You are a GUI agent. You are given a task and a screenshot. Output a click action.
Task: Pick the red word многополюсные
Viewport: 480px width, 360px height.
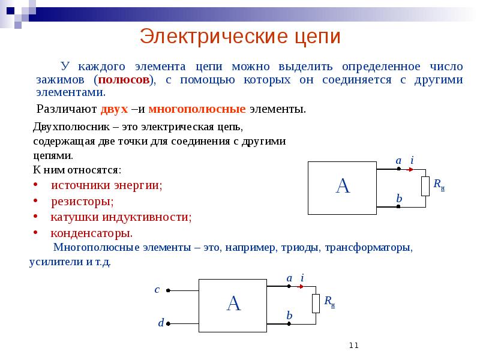(197, 110)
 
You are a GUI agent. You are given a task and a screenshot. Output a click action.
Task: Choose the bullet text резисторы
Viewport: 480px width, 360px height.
(82, 201)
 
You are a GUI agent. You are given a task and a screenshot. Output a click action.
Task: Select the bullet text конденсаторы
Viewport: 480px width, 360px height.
(91, 233)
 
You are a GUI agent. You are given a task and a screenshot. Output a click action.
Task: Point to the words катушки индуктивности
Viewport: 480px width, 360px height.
(121, 217)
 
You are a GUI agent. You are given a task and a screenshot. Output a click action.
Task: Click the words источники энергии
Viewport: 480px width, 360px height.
(106, 185)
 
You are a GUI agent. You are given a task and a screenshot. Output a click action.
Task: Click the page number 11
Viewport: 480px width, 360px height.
(353, 345)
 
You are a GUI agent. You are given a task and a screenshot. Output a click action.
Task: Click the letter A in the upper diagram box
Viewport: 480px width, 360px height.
(342, 187)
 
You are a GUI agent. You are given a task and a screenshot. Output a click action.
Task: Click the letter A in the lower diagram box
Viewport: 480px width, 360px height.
(233, 304)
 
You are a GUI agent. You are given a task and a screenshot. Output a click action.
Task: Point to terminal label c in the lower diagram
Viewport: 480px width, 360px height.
(157, 289)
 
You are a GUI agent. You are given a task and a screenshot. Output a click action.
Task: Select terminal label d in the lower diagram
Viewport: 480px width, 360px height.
(161, 323)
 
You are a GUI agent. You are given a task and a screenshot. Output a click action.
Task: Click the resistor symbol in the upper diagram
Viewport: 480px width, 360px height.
(425, 187)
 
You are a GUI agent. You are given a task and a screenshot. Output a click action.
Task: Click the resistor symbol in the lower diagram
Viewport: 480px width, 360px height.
(316, 304)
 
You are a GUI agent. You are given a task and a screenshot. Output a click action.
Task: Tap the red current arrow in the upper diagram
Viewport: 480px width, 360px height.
(410, 169)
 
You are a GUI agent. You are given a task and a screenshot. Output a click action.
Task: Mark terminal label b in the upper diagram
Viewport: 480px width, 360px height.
(398, 198)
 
